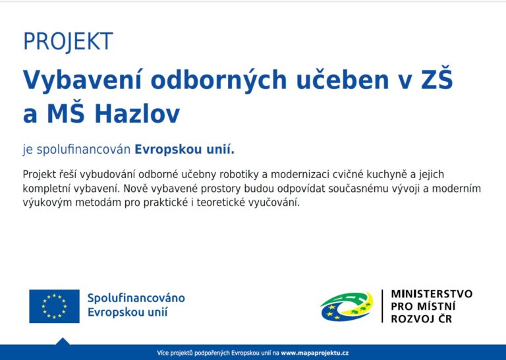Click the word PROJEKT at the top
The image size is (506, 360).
68,42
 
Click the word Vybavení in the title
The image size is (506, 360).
82,80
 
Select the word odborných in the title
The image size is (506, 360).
219,80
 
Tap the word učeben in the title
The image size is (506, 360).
343,79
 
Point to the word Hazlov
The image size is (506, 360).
137,113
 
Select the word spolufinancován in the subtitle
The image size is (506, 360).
84,150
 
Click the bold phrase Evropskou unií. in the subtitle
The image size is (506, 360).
184,150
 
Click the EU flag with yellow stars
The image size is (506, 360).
54,307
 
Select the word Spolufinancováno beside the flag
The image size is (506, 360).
136,297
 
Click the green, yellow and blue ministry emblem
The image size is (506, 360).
347,307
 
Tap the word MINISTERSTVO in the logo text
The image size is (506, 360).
432,294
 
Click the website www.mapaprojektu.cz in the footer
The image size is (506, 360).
315,353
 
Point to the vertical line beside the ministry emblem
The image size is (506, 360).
382,306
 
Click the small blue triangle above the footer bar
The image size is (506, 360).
63,342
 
